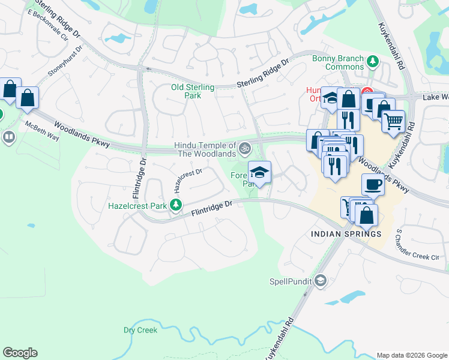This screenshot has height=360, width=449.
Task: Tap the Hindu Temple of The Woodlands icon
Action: (245, 148)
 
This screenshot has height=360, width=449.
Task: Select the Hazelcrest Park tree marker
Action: (176, 206)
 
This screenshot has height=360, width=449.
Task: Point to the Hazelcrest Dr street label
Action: (188, 179)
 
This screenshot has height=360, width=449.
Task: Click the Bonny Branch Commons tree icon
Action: (372, 61)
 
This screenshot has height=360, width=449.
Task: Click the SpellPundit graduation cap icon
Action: (321, 280)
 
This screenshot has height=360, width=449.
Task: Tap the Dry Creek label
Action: (140, 330)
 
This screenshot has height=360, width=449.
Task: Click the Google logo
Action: (20, 353)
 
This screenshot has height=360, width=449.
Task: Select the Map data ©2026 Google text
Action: (411, 355)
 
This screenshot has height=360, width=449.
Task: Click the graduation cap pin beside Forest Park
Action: (259, 172)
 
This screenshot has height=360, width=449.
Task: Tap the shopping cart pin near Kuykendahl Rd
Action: (393, 122)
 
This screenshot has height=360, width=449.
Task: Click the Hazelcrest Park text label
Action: (137, 206)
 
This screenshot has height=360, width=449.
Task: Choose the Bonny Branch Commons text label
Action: (337, 62)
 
